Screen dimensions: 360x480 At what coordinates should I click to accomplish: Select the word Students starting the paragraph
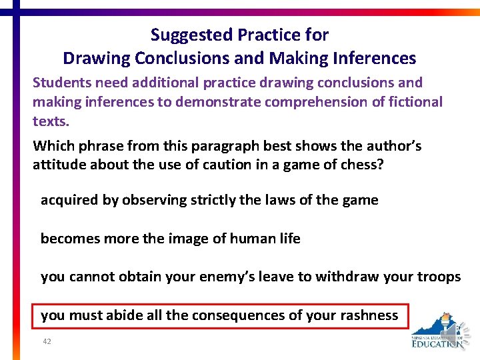[x=61, y=83]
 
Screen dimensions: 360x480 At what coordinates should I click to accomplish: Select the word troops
[x=439, y=277]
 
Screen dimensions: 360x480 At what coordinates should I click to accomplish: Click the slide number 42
[x=47, y=341]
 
